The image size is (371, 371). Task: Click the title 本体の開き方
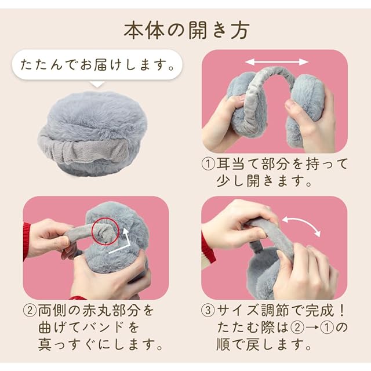[x=187, y=31]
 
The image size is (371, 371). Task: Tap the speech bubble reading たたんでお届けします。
[x=97, y=64]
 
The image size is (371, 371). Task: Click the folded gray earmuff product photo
[x=93, y=134]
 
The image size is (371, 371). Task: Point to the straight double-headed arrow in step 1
[x=277, y=62]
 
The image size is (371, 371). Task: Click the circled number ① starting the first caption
[x=208, y=164]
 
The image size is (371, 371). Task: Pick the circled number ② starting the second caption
[x=30, y=311]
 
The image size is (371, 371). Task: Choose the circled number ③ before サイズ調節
[x=208, y=311]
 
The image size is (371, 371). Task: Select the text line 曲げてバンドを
[x=89, y=328]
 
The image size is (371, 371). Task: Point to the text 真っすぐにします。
[x=100, y=345]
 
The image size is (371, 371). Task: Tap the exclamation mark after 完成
[x=341, y=311]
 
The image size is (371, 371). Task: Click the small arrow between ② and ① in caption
[x=312, y=328]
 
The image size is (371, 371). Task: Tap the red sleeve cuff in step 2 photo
[x=27, y=241]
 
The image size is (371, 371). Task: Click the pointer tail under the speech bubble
[x=97, y=84]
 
